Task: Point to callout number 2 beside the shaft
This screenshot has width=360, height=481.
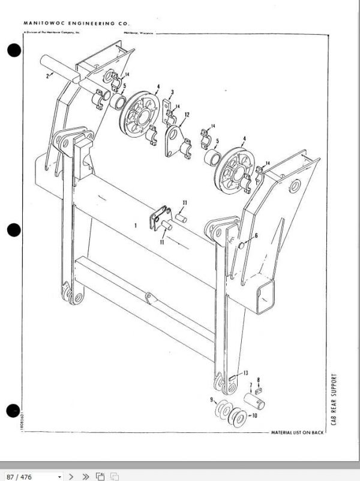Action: [47, 76]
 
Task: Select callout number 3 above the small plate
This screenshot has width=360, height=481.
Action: [172, 92]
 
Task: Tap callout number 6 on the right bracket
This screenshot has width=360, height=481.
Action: [256, 236]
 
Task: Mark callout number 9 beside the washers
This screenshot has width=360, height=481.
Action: [212, 399]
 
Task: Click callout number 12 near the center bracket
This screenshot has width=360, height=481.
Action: [187, 114]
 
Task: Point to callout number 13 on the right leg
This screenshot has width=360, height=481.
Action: [245, 373]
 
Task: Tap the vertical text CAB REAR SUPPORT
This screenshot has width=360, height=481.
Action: [334, 399]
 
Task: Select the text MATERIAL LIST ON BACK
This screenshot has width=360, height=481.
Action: [298, 432]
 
